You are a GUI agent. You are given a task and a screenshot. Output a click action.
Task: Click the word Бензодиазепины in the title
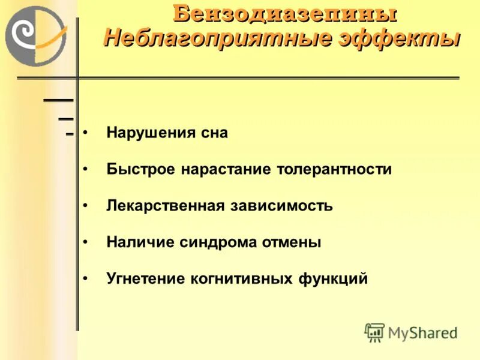(x=285, y=13)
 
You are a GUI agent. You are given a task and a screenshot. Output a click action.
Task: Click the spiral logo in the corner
(x=35, y=36)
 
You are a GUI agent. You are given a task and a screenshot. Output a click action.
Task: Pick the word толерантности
(x=335, y=169)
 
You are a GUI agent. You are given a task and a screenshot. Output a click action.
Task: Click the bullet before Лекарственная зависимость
(x=86, y=206)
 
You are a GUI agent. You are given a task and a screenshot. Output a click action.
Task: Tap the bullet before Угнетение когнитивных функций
(x=86, y=279)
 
